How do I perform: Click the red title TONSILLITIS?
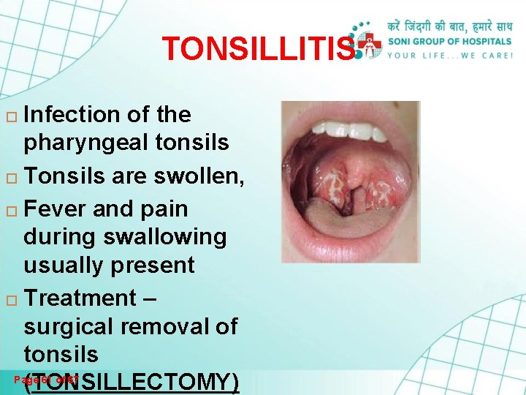pos(257,49)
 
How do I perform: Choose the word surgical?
pos(66,326)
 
